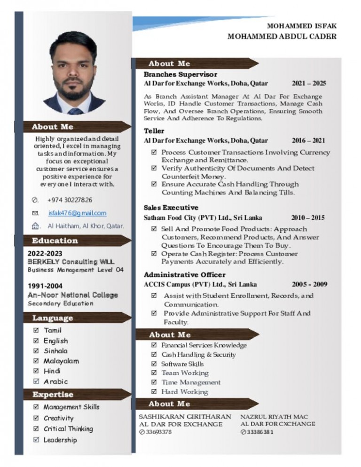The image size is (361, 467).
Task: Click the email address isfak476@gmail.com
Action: [77, 213]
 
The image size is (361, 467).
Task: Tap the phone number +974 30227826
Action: [70, 200]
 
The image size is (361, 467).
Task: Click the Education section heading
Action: [55, 241]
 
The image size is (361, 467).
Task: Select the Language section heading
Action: [53, 318]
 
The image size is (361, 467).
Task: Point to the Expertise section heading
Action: [53, 395]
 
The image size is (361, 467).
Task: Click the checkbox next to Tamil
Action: [36, 331]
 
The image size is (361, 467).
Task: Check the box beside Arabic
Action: [36, 381]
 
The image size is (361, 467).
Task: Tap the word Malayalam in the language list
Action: [61, 361]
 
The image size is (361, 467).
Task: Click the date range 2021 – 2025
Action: [309, 84]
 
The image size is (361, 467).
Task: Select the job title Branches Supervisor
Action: [180, 74]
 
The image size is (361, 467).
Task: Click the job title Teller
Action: [154, 131]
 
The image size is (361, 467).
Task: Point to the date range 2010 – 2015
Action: [308, 218]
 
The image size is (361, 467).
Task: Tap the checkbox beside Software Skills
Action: [154, 364]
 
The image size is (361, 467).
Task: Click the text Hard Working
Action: [184, 392]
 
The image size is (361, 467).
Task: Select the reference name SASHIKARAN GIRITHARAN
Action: [185, 417]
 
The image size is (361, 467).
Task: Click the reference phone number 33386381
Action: [259, 432]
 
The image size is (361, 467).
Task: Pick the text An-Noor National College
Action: [73, 295]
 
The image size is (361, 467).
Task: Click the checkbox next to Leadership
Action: [36, 440]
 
